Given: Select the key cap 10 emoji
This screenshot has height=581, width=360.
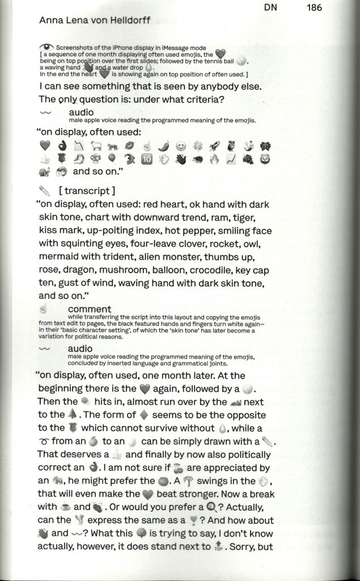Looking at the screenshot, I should tap(146, 159).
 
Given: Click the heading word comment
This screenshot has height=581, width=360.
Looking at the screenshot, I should tap(88, 309).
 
